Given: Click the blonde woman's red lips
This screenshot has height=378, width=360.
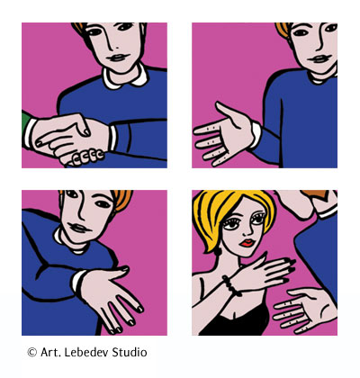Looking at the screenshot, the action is pyautogui.click(x=247, y=242).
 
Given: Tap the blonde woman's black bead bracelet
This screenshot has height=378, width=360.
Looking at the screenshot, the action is pyautogui.click(x=231, y=286).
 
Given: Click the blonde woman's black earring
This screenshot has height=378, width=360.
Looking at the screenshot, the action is pyautogui.click(x=218, y=251).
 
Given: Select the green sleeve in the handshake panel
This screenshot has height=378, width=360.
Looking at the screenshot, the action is pyautogui.click(x=25, y=122).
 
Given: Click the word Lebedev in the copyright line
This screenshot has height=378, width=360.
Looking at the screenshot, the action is pyautogui.click(x=86, y=352).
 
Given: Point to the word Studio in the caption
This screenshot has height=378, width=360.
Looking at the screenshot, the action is pyautogui.click(x=130, y=352).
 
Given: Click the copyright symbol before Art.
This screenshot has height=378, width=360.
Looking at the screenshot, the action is pyautogui.click(x=31, y=352).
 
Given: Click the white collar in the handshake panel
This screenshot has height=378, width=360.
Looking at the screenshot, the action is pyautogui.click(x=125, y=77).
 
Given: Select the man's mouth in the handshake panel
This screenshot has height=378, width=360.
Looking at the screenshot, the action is pyautogui.click(x=119, y=58).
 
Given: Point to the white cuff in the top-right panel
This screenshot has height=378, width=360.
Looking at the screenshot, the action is pyautogui.click(x=256, y=134).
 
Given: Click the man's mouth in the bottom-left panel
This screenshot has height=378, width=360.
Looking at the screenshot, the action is pyautogui.click(x=78, y=228).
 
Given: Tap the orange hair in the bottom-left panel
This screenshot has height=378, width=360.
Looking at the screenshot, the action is pyautogui.click(x=122, y=201).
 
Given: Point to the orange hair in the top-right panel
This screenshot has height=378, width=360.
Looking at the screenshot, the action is pyautogui.click(x=283, y=31).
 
